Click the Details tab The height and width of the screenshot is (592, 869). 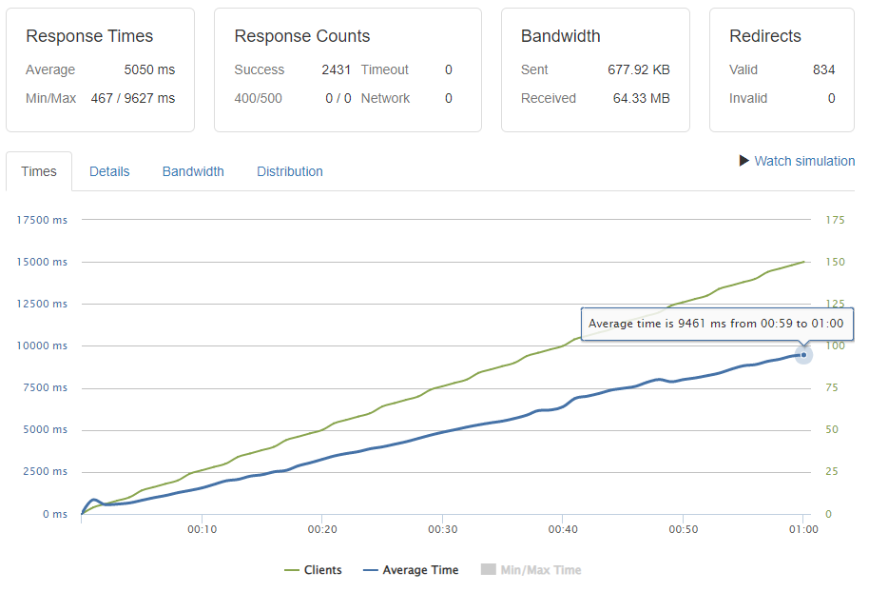click(x=109, y=171)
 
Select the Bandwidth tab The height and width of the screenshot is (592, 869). click(x=193, y=171)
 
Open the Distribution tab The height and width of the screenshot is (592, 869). click(x=290, y=171)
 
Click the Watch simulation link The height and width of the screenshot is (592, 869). click(x=803, y=161)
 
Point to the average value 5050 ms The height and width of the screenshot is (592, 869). click(x=149, y=69)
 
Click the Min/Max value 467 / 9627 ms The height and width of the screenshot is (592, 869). click(x=132, y=98)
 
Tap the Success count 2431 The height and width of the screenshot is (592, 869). click(x=336, y=69)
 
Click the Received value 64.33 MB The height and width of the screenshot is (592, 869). click(x=642, y=98)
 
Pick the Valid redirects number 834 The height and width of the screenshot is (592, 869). click(x=823, y=69)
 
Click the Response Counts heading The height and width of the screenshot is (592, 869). click(x=302, y=36)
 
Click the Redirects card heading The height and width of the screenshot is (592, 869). click(x=765, y=36)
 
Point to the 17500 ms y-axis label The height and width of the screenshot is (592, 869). click(x=43, y=220)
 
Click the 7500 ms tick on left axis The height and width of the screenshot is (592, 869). click(x=46, y=387)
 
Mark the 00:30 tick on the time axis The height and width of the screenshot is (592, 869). click(x=443, y=529)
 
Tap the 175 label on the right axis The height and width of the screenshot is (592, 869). click(x=835, y=220)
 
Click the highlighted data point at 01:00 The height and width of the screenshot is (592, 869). click(x=803, y=355)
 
